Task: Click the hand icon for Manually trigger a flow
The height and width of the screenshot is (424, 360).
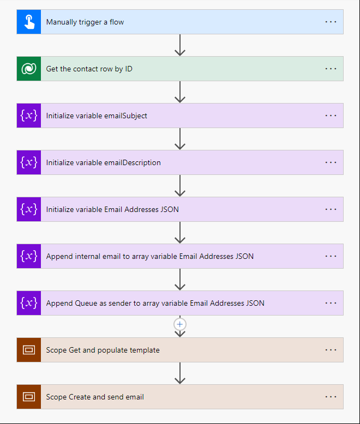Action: pos(29,22)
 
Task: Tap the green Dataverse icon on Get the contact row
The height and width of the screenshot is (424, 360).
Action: pos(29,69)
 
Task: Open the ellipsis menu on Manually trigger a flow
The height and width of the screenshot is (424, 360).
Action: pos(331,22)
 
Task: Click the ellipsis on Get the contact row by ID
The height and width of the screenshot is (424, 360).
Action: pos(331,69)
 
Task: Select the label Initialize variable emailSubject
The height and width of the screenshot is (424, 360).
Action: pos(97,116)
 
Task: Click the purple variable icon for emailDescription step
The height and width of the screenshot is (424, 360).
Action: pos(29,162)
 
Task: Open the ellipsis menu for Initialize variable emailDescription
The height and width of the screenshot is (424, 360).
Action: pos(331,162)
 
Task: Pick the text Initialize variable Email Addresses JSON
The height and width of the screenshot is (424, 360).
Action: pos(112,209)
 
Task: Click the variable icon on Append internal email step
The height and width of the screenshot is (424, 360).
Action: pos(29,256)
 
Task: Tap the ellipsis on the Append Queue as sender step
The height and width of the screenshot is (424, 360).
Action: pos(331,303)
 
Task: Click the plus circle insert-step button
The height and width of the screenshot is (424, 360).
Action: pos(180,324)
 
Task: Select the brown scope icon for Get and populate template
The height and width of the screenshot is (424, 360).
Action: pos(29,350)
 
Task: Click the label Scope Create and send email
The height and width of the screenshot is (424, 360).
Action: pos(95,397)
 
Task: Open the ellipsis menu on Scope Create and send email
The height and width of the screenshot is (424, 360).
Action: pos(331,397)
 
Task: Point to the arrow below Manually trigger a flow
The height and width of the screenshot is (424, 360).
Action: pos(180,45)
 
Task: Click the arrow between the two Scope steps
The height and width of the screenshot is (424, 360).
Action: pos(180,373)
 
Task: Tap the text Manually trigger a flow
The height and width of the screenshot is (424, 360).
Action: pos(85,22)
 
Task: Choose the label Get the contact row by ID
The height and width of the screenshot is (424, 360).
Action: pos(89,69)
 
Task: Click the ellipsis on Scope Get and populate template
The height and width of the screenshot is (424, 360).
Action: pos(331,350)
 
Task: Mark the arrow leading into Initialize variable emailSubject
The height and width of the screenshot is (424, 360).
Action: pos(180,92)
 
